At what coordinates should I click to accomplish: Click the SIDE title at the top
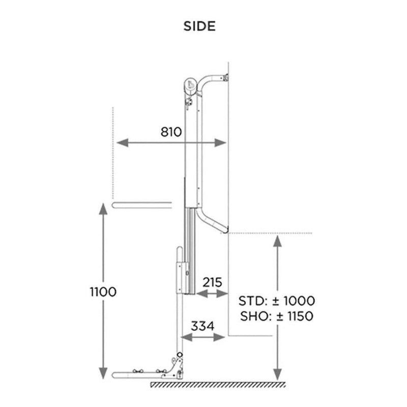[199, 26]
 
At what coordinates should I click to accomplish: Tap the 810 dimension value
[171, 132]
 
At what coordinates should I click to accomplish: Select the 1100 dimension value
[103, 292]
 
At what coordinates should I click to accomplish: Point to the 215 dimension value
[212, 282]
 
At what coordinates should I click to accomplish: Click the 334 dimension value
[202, 326]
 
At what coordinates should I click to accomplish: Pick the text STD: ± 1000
[277, 301]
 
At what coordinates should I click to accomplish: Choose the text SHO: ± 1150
[277, 316]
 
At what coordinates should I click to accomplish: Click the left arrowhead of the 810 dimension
[122, 142]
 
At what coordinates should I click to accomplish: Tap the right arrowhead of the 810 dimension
[220, 142]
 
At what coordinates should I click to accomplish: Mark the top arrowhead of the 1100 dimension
[103, 209]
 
